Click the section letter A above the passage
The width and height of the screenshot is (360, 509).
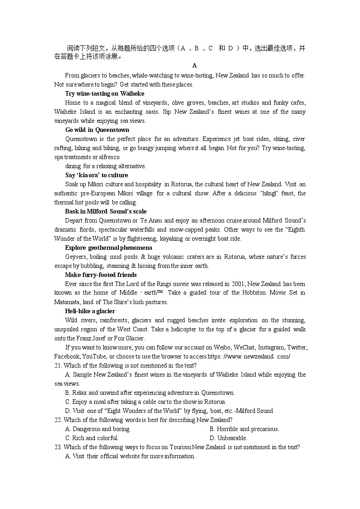tap(195, 66)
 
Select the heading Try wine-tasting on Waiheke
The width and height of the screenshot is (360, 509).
tap(105, 93)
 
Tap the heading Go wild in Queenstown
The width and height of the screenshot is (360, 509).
tap(97, 130)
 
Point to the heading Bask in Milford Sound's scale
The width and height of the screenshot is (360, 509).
tap(106, 211)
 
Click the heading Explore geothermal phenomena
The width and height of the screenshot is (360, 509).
tap(108, 247)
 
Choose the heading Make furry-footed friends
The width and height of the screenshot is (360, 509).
tap(101, 275)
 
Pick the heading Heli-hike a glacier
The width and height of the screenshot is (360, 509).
tap(90, 311)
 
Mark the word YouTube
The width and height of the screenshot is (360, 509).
tap(94, 356)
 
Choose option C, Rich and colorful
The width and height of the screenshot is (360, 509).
tap(92, 438)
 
